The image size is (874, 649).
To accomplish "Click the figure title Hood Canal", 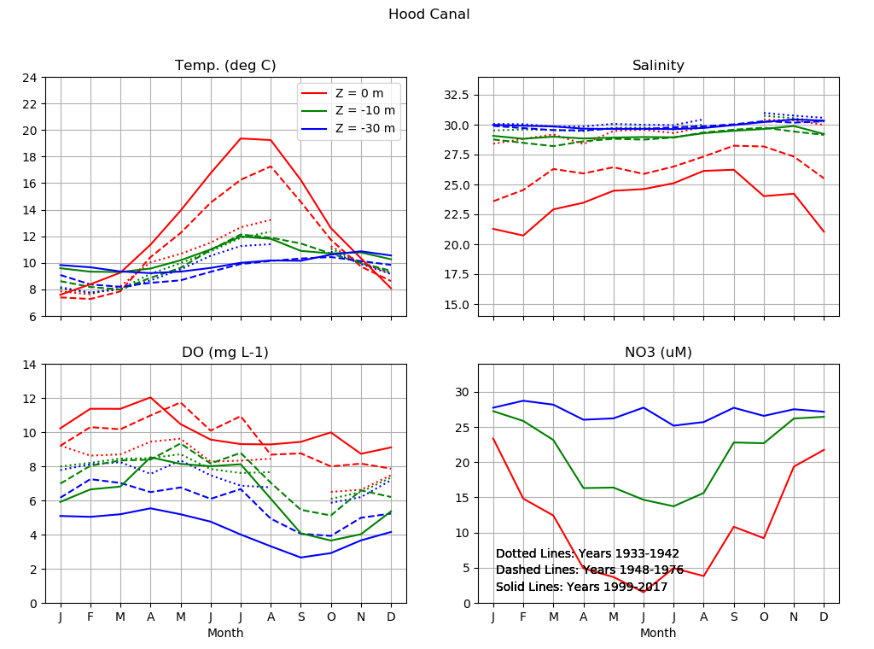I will pyautogui.click(x=428, y=15).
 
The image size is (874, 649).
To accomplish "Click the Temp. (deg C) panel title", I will pyautogui.click(x=225, y=66).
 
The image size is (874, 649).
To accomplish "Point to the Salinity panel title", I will pyautogui.click(x=658, y=66).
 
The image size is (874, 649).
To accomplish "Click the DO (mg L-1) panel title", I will pyautogui.click(x=225, y=353).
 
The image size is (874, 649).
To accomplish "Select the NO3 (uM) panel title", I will pyautogui.click(x=658, y=353).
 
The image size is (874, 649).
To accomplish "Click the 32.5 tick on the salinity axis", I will pyautogui.click(x=455, y=95).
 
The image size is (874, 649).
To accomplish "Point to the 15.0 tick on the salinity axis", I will pyautogui.click(x=455, y=305).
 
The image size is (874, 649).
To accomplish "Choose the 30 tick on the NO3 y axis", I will pyautogui.click(x=462, y=392).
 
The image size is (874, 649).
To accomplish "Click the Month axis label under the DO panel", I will pyautogui.click(x=225, y=633).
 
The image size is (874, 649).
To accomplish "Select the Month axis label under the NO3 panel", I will pyautogui.click(x=658, y=633).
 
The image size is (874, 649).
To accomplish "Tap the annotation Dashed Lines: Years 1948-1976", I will pyautogui.click(x=589, y=570).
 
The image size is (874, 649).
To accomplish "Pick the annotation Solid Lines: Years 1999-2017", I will pyautogui.click(x=581, y=587).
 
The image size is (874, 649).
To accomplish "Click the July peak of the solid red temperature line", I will pyautogui.click(x=241, y=138).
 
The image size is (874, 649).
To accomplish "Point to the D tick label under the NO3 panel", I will pyautogui.click(x=824, y=617).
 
